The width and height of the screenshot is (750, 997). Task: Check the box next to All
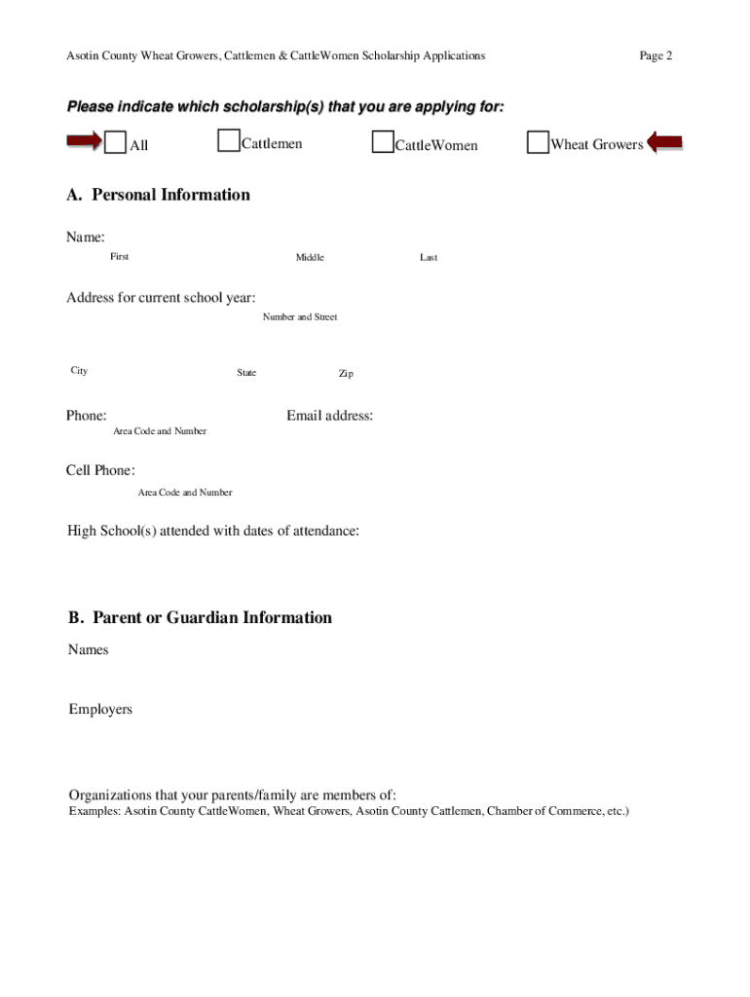[115, 144]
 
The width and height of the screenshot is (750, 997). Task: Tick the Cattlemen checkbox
[229, 142]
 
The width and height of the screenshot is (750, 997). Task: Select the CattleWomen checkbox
[383, 143]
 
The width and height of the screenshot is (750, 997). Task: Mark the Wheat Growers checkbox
[538, 143]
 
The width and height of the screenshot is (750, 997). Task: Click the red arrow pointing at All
[83, 143]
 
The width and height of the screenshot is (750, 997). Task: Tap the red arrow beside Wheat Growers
[665, 143]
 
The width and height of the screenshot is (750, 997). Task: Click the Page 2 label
[656, 55]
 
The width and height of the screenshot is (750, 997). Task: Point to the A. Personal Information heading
[158, 195]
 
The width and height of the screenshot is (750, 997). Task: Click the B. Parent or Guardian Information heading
[200, 617]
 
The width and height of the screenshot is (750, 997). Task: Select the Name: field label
[86, 238]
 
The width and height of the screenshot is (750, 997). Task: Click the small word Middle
[310, 257]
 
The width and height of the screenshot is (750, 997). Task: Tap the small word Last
[429, 257]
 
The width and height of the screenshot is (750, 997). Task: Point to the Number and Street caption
[300, 317]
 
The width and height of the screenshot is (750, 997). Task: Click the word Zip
[346, 374]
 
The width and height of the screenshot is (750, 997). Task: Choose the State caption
[246, 373]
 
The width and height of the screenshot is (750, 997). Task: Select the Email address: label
[329, 416]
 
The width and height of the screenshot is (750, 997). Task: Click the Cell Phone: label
[100, 470]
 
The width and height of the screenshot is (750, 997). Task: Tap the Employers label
[100, 709]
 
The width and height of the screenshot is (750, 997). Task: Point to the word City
[79, 370]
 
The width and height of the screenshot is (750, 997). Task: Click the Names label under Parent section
[89, 649]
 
